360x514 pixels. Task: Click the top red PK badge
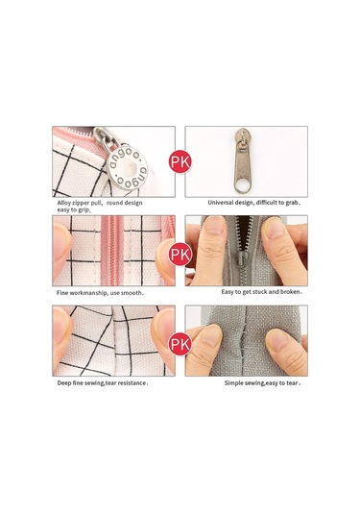[180, 161]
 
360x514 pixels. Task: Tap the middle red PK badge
[180, 254]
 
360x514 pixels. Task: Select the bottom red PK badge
[180, 344]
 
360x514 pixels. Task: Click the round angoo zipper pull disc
[128, 168]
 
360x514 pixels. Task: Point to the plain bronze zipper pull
[243, 160]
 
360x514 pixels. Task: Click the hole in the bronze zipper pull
[243, 186]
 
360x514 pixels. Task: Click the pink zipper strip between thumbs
[111, 250]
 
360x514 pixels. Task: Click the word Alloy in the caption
[63, 203]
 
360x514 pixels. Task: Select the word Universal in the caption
[219, 203]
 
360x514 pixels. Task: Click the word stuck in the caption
[259, 292]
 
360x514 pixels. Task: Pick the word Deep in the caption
[63, 383]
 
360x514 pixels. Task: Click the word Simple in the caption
[233, 383]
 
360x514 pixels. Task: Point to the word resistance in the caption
[132, 383]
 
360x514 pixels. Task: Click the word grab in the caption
[292, 203]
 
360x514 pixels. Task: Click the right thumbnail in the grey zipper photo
[274, 229]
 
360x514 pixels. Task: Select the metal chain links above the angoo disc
[107, 138]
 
